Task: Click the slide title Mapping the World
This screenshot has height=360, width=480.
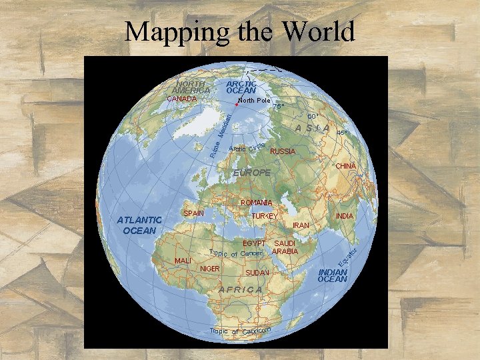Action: (x=240, y=31)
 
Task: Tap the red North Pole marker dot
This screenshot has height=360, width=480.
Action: (x=237, y=104)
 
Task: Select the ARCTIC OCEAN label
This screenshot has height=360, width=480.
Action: (x=241, y=87)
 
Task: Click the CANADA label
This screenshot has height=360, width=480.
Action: (x=181, y=99)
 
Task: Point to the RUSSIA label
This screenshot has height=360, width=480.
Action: (x=282, y=151)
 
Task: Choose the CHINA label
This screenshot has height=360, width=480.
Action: (x=346, y=165)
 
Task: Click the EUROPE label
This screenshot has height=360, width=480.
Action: (x=251, y=173)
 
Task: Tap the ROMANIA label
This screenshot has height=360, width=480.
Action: (x=257, y=203)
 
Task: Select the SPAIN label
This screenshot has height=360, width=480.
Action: (x=193, y=213)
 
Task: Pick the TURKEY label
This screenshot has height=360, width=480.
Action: (x=264, y=217)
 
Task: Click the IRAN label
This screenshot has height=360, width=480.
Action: (x=301, y=226)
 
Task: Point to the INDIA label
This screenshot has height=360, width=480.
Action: (x=345, y=216)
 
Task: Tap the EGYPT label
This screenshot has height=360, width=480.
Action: (x=254, y=243)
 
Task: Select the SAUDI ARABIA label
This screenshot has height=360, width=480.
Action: (x=285, y=247)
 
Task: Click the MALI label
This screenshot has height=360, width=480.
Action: (x=183, y=260)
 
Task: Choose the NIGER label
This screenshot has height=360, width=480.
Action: (x=210, y=269)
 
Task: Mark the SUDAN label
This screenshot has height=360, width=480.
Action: (x=257, y=273)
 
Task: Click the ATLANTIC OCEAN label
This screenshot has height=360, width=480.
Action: (x=139, y=225)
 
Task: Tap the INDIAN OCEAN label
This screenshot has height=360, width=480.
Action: (x=333, y=276)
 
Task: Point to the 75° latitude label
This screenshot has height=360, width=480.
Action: (x=278, y=106)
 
